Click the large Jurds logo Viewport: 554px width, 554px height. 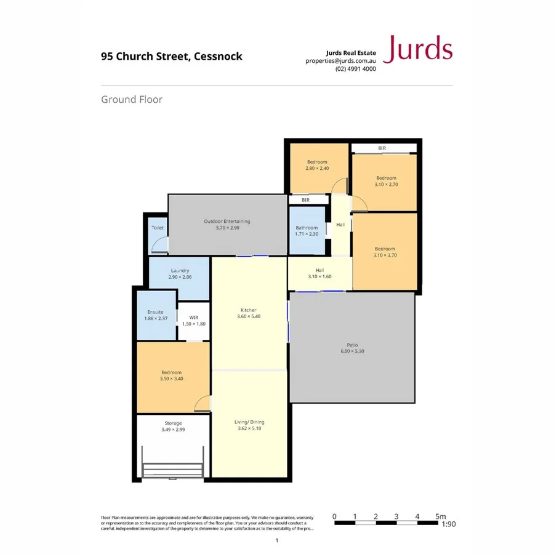pyautogui.click(x=417, y=49)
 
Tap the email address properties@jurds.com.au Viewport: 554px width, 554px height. pyautogui.click(x=340, y=61)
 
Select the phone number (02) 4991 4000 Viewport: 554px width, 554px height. pyautogui.click(x=355, y=69)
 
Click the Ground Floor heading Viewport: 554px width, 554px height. pyautogui.click(x=132, y=98)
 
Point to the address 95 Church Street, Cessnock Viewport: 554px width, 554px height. pyautogui.click(x=172, y=57)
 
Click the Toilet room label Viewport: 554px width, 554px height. pyautogui.click(x=158, y=228)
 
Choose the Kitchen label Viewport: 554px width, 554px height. pyautogui.click(x=248, y=310)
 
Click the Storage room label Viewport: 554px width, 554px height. pyautogui.click(x=173, y=423)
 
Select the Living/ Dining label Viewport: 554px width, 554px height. pyautogui.click(x=249, y=422)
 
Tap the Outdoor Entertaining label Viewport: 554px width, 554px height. pyautogui.click(x=227, y=222)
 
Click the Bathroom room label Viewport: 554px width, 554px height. pyautogui.click(x=306, y=228)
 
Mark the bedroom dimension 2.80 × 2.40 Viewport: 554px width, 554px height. pyautogui.click(x=317, y=168)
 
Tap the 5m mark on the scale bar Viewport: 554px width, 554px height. pyautogui.click(x=439, y=516)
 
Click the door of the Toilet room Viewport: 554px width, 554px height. pyautogui.click(x=159, y=247)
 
